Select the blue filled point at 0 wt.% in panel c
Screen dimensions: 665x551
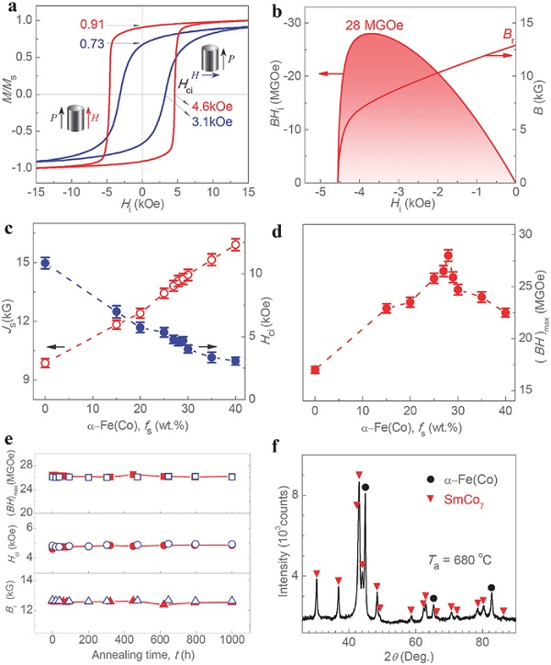pyautogui.click(x=45, y=263)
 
